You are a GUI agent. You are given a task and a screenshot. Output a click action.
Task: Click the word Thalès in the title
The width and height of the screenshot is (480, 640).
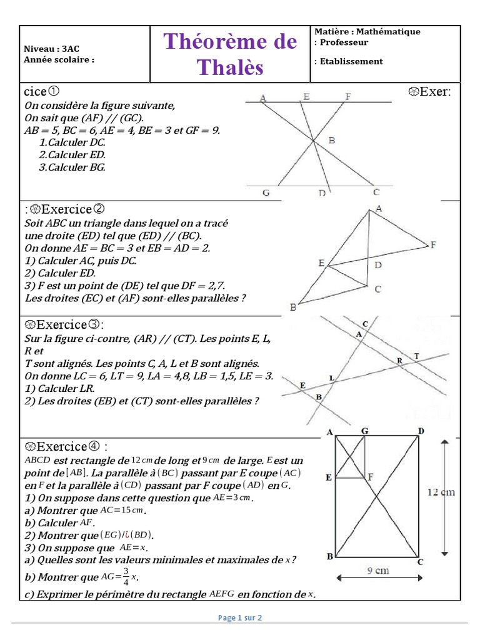tap(230, 67)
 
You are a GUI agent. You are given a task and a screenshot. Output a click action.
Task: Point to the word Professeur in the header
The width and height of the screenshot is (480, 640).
tap(344, 42)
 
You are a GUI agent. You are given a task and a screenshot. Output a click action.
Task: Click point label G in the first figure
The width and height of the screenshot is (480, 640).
tap(266, 193)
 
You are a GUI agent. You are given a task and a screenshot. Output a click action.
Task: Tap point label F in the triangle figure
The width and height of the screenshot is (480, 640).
tap(432, 245)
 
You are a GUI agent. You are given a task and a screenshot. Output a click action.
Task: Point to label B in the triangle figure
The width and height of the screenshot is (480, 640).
tap(292, 307)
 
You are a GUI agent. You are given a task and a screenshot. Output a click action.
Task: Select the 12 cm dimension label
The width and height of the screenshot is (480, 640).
tap(441, 492)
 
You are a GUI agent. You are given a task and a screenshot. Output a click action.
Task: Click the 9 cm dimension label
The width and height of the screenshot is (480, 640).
tap(378, 570)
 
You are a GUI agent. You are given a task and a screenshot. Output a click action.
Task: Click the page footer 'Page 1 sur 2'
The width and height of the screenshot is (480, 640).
tap(240, 617)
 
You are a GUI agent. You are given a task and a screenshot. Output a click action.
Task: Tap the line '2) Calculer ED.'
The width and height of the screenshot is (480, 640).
tap(60, 273)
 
